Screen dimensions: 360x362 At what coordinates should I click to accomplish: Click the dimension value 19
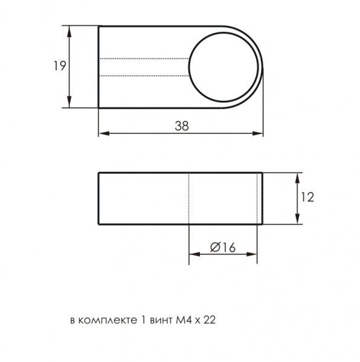[x=60, y=66]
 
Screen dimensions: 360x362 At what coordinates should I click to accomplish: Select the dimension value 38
[x=182, y=126]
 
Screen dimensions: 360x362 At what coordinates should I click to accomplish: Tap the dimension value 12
[x=307, y=197]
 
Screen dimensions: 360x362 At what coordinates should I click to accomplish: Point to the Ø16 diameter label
[x=223, y=247]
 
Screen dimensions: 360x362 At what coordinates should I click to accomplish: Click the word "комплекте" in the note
[x=108, y=320]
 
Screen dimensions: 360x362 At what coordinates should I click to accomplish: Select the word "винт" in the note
[x=161, y=320]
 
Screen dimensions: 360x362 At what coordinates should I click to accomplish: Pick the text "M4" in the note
[x=184, y=320]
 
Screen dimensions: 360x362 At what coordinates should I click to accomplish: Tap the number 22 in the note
[x=210, y=320]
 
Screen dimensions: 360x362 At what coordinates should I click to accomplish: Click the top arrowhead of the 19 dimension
[x=69, y=31]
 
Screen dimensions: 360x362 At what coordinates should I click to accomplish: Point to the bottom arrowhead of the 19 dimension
[x=69, y=103]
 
